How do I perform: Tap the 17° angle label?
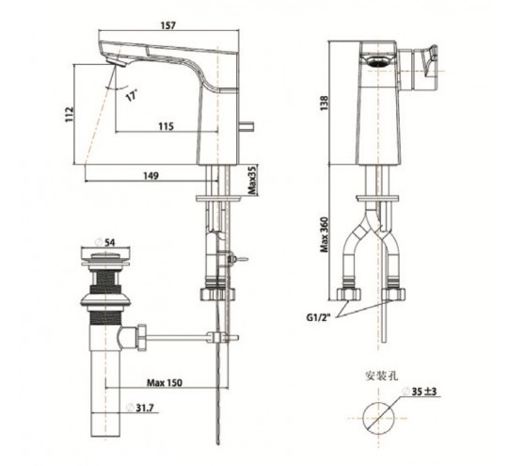130,95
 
